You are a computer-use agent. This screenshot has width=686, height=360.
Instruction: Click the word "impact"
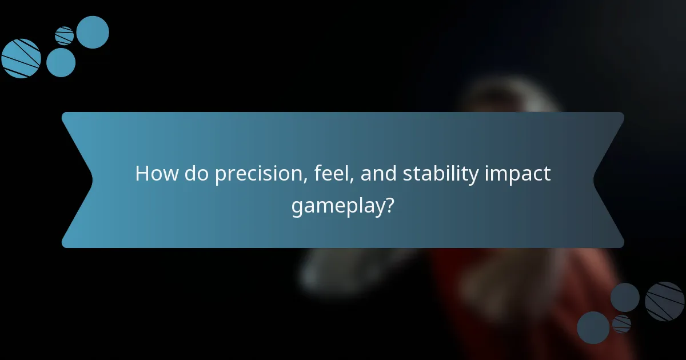(519, 174)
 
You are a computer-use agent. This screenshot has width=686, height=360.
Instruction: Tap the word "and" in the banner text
(379, 174)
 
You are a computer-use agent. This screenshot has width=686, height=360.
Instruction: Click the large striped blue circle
(21, 58)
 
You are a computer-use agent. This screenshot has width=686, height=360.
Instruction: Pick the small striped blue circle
(65, 36)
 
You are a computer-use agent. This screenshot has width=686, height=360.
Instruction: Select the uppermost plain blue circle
(93, 32)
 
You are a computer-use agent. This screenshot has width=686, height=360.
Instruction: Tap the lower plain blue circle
(61, 62)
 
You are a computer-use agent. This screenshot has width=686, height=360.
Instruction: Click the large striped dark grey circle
(665, 301)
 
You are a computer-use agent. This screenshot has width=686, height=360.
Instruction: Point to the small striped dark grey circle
(621, 324)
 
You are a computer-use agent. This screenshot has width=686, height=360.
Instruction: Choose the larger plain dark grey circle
(593, 327)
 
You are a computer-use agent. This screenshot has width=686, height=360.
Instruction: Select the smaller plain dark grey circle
(625, 297)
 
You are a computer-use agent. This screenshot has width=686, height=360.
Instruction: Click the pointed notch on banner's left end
(91, 180)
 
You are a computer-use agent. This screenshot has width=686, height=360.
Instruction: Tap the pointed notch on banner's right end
(595, 180)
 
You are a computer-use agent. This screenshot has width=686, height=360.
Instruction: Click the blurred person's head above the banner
(509, 97)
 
